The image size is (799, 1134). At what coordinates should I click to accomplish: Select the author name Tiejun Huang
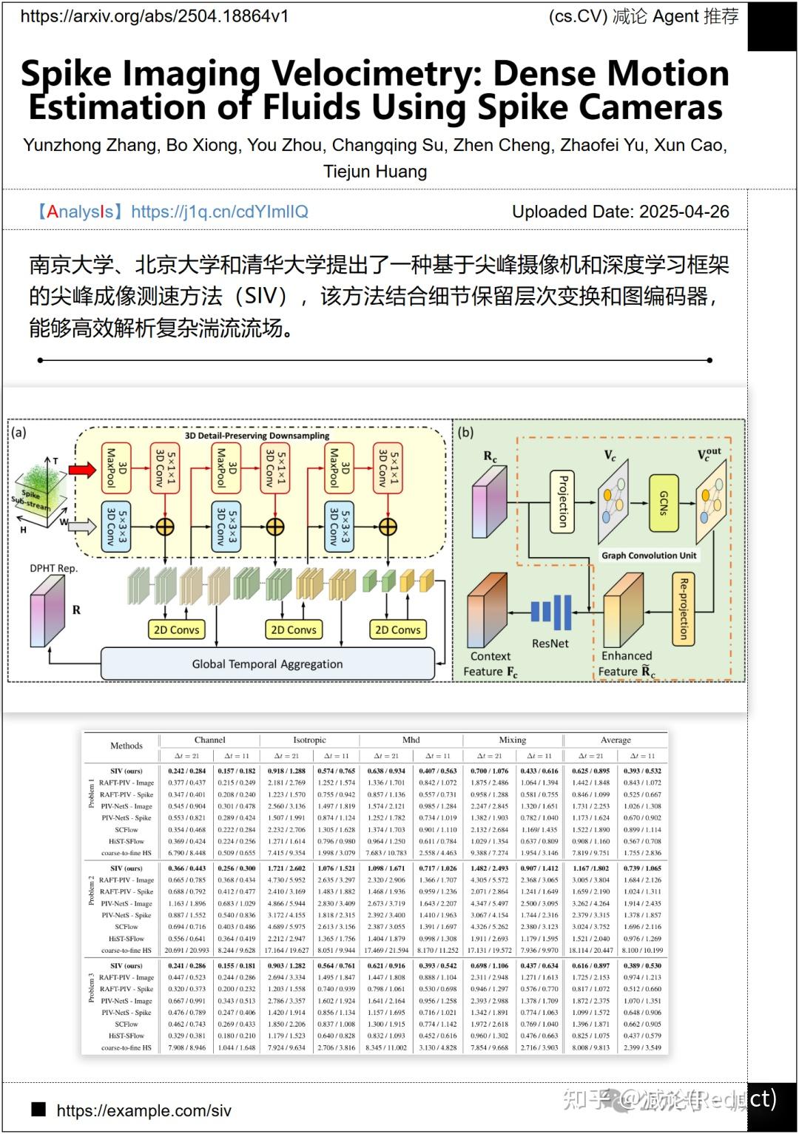375,172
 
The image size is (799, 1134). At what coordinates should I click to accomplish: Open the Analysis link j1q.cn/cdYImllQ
219,212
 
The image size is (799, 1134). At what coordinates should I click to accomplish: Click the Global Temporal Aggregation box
267,664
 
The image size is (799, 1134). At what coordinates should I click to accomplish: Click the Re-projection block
684,608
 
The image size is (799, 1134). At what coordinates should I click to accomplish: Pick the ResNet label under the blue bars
550,644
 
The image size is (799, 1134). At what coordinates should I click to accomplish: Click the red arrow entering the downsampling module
82,469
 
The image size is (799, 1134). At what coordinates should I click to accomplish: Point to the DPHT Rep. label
53,568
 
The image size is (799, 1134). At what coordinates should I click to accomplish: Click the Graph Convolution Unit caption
648,556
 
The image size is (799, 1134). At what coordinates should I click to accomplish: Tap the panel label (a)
18,432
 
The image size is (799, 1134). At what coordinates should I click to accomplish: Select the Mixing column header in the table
512,740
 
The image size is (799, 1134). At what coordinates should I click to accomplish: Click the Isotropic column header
309,740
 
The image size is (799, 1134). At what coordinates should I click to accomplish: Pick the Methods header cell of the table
126,746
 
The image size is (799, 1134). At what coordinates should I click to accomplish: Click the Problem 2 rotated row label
92,891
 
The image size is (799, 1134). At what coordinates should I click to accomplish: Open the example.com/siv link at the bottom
144,1110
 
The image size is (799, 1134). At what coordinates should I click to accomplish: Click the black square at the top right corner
772,25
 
